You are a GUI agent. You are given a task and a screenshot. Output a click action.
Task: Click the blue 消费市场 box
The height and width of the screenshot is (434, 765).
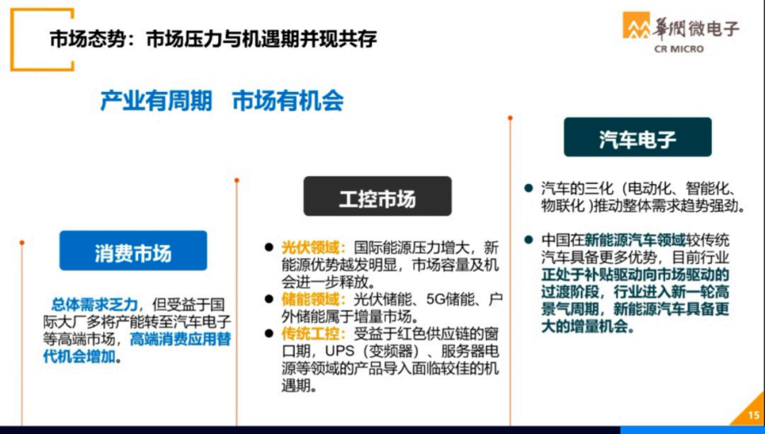coord(132,251)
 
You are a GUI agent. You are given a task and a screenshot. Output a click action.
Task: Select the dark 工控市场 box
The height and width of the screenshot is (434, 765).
coord(377,196)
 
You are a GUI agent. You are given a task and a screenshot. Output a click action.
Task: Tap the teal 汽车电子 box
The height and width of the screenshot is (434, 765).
coord(637,137)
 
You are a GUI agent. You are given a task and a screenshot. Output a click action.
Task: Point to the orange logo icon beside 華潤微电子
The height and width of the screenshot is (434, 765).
coord(635,28)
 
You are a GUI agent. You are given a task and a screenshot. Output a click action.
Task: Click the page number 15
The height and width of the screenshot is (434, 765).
coord(752,416)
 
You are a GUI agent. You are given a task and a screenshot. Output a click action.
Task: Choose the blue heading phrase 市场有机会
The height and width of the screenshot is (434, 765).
coord(288,101)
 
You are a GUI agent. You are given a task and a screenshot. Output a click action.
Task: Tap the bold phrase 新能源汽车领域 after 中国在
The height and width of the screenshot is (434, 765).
coord(623,239)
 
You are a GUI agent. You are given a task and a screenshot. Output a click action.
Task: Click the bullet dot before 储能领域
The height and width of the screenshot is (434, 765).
coord(268,299)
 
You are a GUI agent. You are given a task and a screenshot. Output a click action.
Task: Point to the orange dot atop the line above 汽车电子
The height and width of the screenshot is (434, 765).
coord(510,118)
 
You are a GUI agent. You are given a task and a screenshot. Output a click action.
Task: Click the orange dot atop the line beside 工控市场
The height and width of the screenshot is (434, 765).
coord(237,180)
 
